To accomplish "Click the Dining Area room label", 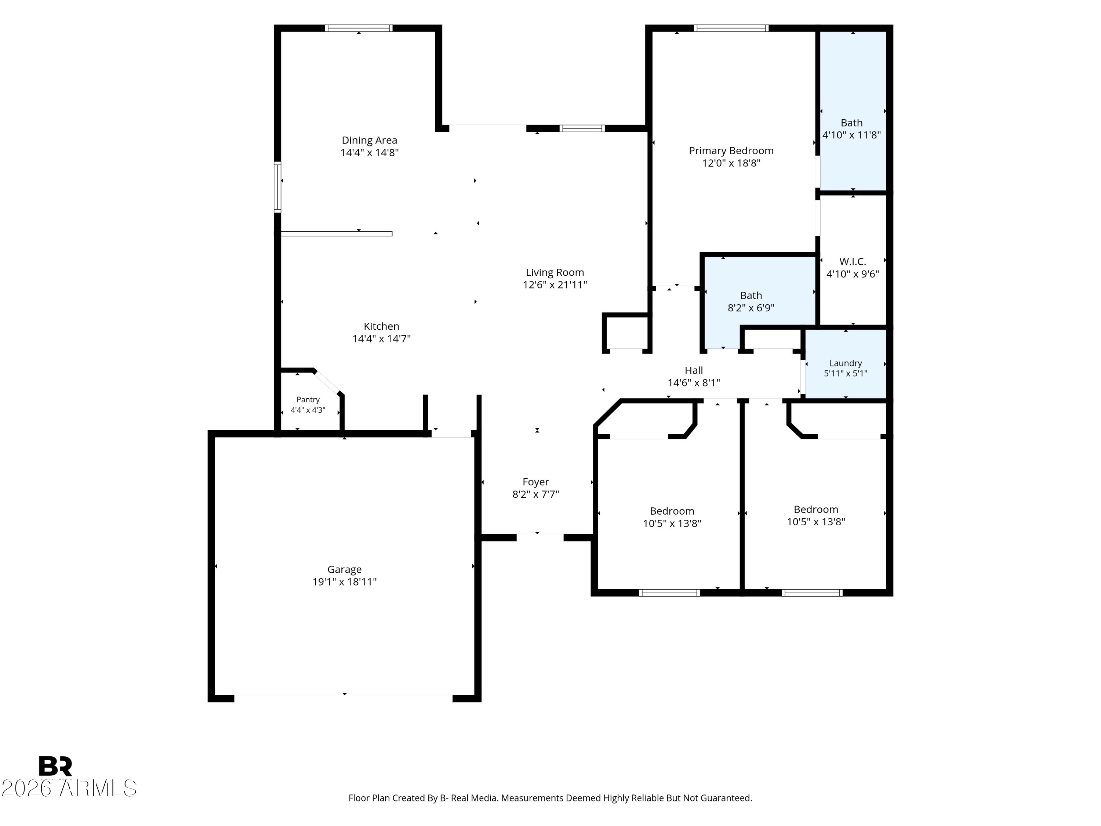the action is (x=369, y=140).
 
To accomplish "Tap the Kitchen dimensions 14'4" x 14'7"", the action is (x=381, y=338).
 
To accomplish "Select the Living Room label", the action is (x=555, y=273).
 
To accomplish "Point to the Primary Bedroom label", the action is (x=731, y=151).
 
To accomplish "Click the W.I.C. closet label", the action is (x=853, y=261).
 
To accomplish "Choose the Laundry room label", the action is (x=846, y=363).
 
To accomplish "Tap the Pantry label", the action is (x=308, y=399).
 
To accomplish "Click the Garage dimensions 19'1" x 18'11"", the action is (x=345, y=582).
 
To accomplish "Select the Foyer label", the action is (x=535, y=482).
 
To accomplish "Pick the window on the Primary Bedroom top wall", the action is (x=731, y=28).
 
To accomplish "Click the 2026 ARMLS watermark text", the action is (x=69, y=788).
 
